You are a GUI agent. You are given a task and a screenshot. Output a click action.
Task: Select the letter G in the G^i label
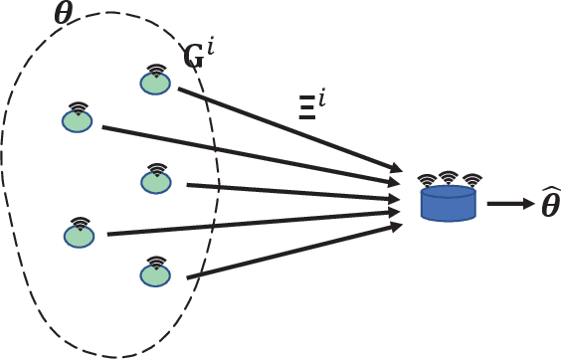coord(196,58)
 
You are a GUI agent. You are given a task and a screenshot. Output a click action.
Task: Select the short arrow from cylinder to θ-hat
coord(509,205)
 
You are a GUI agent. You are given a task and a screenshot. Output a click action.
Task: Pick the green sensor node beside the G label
coord(154,84)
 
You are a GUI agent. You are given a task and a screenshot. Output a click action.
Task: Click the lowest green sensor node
coord(154,274)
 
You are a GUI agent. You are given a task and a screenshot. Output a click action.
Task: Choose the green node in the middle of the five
coord(154,181)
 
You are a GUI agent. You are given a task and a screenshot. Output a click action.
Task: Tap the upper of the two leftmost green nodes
coord(78,119)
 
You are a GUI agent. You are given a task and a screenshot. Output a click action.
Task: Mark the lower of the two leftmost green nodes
coord(78,235)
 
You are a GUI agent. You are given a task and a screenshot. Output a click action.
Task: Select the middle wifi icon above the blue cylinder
coord(450,176)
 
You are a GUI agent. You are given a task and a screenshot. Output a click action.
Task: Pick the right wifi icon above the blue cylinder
coord(471,180)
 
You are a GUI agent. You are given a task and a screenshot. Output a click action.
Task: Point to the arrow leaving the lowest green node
coord(298,251)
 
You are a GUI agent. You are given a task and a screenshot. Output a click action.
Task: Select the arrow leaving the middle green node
coord(298,191)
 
